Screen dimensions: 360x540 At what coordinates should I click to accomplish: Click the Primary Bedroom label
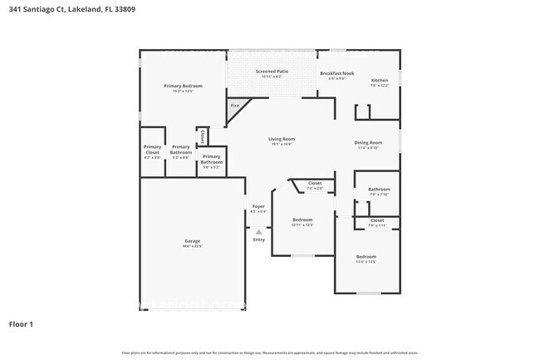pos(183,87)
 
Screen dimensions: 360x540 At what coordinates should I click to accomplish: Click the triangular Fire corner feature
pos(234,106)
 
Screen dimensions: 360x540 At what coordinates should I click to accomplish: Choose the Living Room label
pos(282,141)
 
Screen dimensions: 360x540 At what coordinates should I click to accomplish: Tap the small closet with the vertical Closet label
pos(202,136)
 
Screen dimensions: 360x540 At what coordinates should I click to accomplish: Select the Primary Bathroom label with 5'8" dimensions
pos(211,160)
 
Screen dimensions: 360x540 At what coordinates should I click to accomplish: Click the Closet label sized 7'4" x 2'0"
pos(315,185)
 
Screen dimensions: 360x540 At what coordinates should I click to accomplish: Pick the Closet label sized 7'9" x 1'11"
pos(377,222)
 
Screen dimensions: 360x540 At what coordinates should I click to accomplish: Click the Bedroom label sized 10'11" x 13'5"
pos(302,222)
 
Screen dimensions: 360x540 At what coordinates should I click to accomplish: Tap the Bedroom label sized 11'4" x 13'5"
pos(366,258)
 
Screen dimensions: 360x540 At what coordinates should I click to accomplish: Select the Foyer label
pos(258,208)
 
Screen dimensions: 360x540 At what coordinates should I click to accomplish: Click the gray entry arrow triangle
pos(258,232)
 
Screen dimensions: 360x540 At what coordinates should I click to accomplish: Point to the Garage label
pos(192,243)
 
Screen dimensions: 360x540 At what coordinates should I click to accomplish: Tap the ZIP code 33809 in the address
pos(125,8)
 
